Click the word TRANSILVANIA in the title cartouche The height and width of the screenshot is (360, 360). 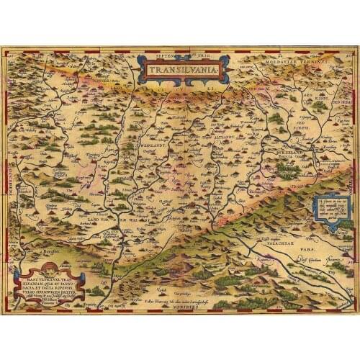pos(184,71)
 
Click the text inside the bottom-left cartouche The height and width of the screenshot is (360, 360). pos(48,287)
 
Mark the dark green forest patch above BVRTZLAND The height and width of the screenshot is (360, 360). pos(289,171)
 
